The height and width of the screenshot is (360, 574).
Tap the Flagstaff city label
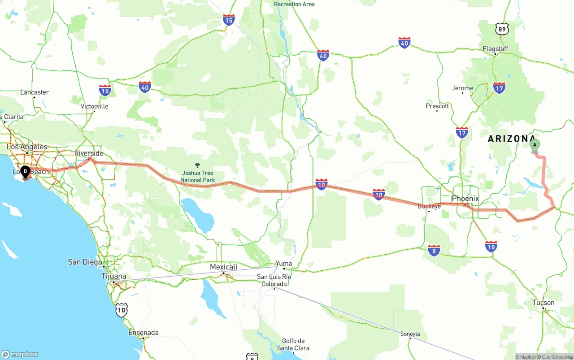click(x=495, y=48)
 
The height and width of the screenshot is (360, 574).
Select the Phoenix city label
click(x=465, y=198)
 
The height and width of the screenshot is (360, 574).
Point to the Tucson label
click(x=543, y=303)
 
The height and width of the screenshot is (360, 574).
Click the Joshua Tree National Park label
click(x=197, y=176)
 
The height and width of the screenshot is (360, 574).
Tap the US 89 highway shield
click(x=502, y=29)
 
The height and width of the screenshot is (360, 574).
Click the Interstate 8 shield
click(x=434, y=250)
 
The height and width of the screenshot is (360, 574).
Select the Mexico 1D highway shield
click(x=121, y=309)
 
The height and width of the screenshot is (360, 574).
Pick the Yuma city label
click(x=283, y=264)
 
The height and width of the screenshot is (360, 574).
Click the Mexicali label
click(x=223, y=267)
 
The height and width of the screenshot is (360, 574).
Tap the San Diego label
click(x=85, y=262)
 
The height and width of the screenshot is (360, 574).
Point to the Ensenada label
click(x=143, y=333)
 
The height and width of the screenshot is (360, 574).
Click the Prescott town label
click(x=437, y=106)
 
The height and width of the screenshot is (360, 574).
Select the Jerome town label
click(x=462, y=88)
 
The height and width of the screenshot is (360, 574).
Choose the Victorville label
click(x=94, y=106)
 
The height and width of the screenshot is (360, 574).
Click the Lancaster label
click(x=35, y=92)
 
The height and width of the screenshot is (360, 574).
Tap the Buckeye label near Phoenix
click(x=429, y=206)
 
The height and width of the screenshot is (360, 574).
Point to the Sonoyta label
click(x=410, y=334)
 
